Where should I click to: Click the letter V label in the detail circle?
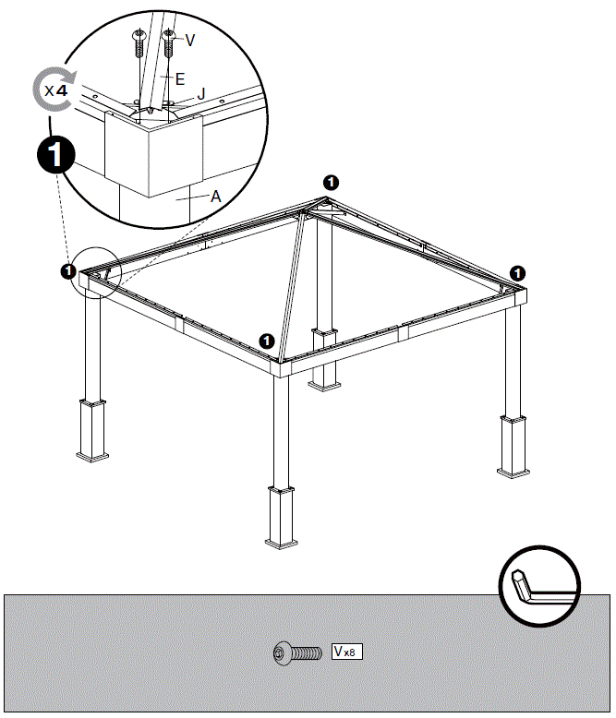[x=190, y=40]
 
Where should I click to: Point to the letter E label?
[x=180, y=79]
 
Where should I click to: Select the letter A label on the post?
[x=215, y=196]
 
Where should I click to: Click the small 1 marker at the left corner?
[x=67, y=271]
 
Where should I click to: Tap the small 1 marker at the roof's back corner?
[x=332, y=182]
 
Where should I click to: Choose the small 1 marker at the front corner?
[x=267, y=341]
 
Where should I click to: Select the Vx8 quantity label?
[x=347, y=652]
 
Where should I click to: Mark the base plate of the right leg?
[x=514, y=470]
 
